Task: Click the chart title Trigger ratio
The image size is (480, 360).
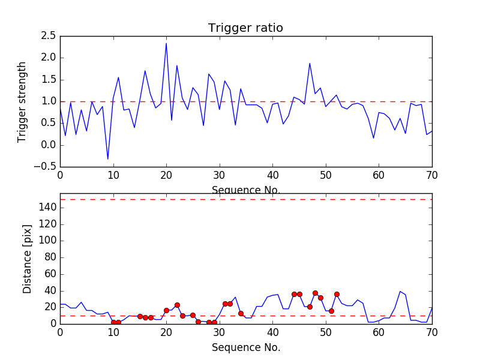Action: coord(245,28)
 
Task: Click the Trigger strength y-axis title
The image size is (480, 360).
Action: coord(22,101)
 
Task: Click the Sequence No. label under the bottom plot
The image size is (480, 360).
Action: coord(246,347)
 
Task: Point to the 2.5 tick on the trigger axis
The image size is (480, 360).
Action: coord(49,36)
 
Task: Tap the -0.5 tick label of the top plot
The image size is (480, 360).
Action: coord(46,166)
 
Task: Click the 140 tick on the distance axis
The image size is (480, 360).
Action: coord(48,208)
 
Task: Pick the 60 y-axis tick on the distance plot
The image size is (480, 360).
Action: coord(50,274)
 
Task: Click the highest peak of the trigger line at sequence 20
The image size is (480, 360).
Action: coord(166,43)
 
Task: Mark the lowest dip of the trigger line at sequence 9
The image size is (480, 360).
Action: coord(108,159)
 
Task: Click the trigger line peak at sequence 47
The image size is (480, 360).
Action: coord(310,64)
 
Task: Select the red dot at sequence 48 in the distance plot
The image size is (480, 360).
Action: coord(315,293)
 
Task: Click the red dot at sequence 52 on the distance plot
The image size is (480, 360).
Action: coord(337,294)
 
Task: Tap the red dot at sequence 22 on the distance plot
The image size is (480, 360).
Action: coord(177,305)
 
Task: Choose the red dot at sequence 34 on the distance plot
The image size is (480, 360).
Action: coord(241,313)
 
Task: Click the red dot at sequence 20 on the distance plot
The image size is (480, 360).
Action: coord(166,310)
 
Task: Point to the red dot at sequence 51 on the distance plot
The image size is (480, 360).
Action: coord(331,311)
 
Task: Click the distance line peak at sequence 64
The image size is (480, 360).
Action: coord(400,292)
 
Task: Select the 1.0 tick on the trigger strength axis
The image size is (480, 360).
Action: coord(49,101)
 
